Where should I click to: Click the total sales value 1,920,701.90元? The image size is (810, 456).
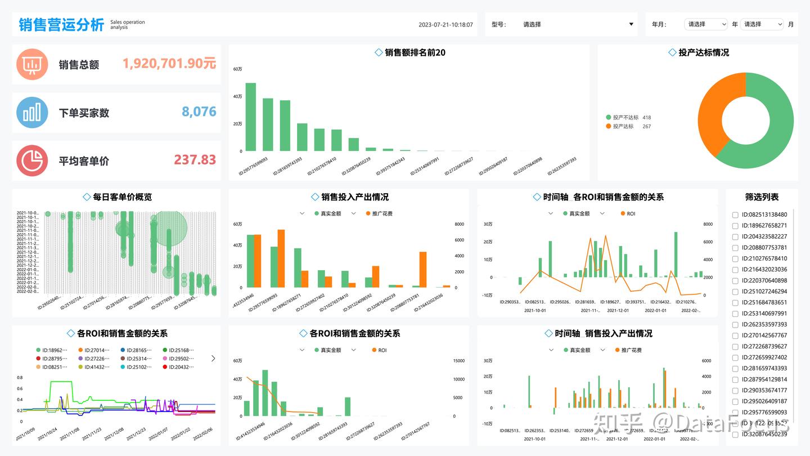tap(169, 64)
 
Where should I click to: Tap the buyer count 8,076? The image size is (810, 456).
tap(199, 112)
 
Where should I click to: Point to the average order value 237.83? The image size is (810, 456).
tap(195, 160)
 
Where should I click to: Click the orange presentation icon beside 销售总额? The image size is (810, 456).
tap(32, 64)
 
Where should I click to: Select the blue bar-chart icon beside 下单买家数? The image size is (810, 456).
tap(32, 113)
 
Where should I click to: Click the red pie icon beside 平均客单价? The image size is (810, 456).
tap(32, 160)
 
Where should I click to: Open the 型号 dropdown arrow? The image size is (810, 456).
tap(631, 24)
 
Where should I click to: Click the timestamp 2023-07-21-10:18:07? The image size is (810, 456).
tap(445, 25)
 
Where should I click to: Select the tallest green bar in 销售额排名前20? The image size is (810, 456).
tap(250, 117)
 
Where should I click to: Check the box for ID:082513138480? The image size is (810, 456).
tap(735, 215)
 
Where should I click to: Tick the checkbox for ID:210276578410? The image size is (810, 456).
tap(735, 259)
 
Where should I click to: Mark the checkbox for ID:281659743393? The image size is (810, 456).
tap(735, 369)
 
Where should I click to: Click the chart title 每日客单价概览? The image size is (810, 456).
tap(122, 197)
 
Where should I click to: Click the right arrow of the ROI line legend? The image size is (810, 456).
tap(213, 358)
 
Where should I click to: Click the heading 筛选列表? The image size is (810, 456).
tap(762, 197)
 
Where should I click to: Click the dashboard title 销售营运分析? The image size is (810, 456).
tap(61, 25)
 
